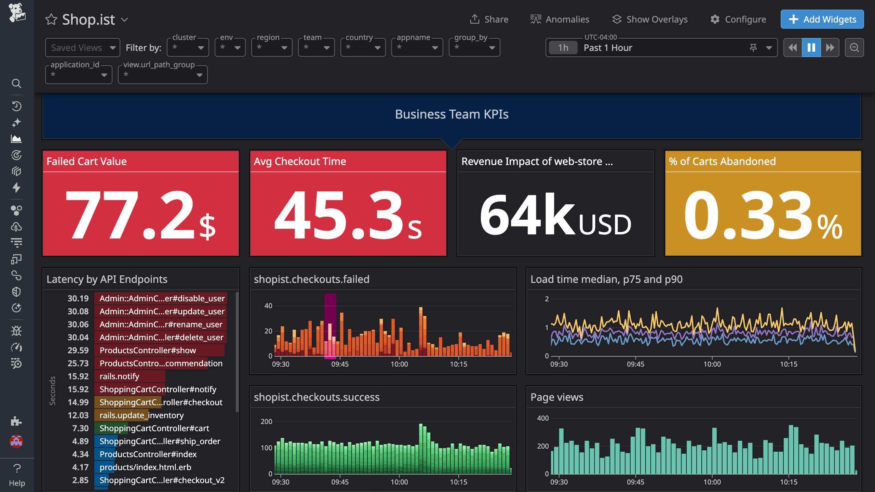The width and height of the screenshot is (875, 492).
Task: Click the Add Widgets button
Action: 822,19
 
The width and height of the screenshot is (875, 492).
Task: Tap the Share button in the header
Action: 489,19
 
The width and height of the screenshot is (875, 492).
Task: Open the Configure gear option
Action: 738,19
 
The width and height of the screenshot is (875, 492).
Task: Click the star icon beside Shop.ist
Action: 51,19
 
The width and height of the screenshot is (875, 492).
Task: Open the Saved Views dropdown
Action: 82,48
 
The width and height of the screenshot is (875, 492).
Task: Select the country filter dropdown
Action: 363,48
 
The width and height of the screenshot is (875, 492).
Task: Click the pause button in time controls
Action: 811,48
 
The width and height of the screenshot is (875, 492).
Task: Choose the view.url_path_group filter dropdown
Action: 163,75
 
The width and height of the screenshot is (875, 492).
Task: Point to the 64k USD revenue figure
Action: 555,215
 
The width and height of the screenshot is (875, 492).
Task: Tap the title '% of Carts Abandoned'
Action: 722,161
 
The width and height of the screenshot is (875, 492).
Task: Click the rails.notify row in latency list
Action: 119,376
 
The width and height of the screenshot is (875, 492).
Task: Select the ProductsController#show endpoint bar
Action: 148,350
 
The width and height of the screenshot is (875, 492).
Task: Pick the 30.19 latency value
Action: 78,298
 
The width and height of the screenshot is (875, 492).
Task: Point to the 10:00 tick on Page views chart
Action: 712,482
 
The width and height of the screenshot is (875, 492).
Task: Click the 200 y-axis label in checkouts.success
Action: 266,422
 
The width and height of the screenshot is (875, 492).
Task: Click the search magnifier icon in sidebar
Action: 16,83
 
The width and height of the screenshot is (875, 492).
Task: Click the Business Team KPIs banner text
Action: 452,114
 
